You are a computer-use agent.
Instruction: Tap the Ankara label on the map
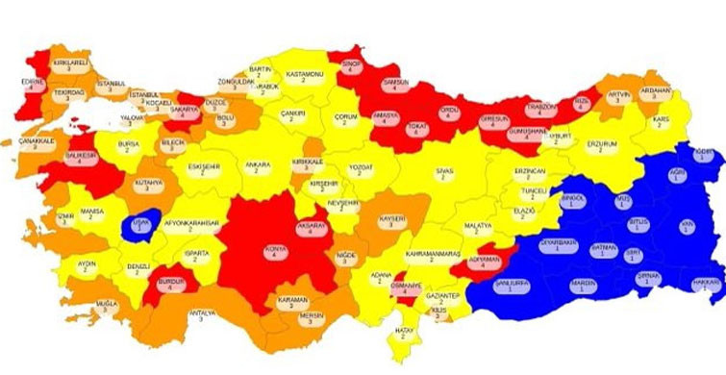258,167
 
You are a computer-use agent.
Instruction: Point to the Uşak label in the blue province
141,224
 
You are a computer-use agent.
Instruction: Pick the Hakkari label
706,284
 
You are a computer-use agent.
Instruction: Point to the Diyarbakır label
559,244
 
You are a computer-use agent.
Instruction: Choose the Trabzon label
541,108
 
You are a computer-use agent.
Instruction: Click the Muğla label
106,305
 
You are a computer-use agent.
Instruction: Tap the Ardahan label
656,94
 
